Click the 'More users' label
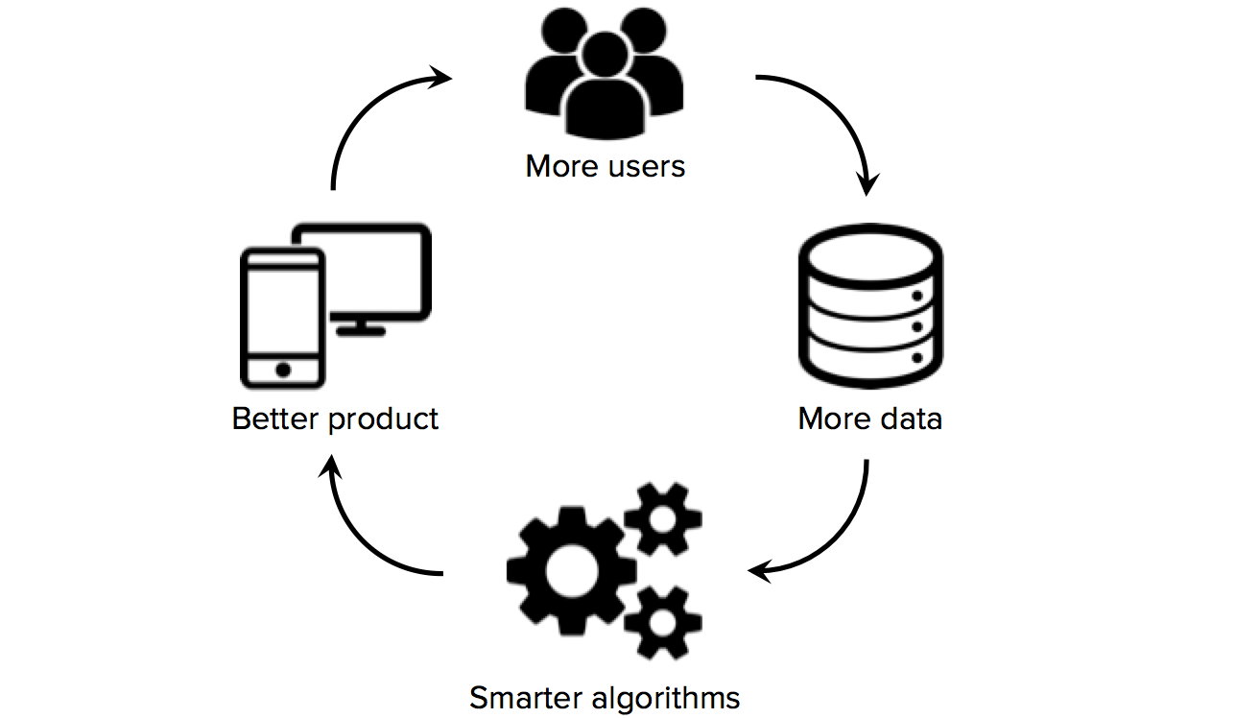coord(605,166)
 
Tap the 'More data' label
coord(869,419)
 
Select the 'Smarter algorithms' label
coord(605,697)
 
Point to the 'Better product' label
coord(335,419)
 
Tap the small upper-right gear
coord(662,519)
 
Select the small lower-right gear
coord(662,620)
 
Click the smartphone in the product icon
coord(281,317)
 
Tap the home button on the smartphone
coord(282,370)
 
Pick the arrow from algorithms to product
coord(360,538)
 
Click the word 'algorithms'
coord(661,697)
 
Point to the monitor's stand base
coord(362,330)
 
